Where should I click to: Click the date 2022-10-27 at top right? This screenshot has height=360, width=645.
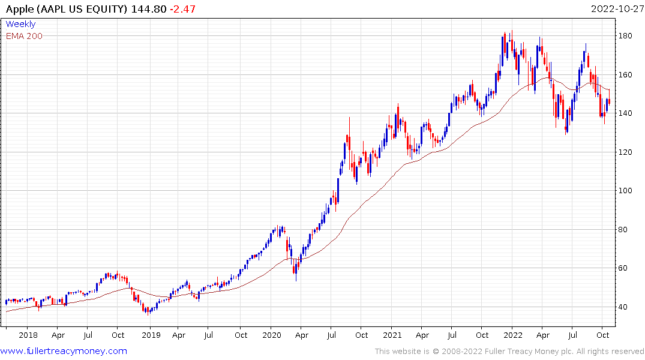(616, 8)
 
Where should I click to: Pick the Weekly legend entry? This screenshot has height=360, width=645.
(20, 24)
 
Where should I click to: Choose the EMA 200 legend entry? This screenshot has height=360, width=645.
(24, 36)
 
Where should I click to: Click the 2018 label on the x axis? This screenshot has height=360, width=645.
(28, 335)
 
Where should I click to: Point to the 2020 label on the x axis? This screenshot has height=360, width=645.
(272, 335)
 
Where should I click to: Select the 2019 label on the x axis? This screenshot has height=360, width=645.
(150, 335)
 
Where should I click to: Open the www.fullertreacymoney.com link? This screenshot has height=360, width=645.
(64, 351)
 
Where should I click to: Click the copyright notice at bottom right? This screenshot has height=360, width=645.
(509, 352)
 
